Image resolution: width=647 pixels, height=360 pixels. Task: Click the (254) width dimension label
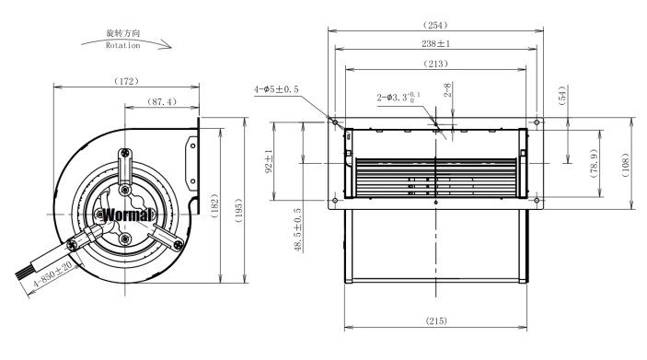pyautogui.click(x=435, y=25)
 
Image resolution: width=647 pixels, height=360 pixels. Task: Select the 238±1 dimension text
pyautogui.click(x=435, y=43)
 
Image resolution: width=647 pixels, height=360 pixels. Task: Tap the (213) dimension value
pyautogui.click(x=435, y=64)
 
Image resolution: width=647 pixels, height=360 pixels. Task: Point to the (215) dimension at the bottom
pyautogui.click(x=436, y=320)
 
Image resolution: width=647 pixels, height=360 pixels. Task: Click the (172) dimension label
pyautogui.click(x=126, y=81)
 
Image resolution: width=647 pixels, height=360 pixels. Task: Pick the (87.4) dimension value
pyautogui.click(x=162, y=101)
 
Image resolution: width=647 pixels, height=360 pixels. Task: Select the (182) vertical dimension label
pyautogui.click(x=214, y=206)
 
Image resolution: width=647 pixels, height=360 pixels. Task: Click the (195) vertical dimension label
pyautogui.click(x=238, y=211)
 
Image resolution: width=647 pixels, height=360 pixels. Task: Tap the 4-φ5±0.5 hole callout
pyautogui.click(x=276, y=89)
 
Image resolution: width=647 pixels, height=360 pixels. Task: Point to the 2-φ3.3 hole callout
pyautogui.click(x=399, y=98)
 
